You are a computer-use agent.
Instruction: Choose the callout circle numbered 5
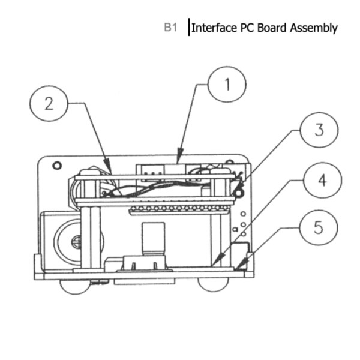[x=317, y=228]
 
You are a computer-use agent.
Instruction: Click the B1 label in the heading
[x=171, y=28]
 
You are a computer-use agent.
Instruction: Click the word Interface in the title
[x=213, y=28]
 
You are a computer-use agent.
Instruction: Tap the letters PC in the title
[x=248, y=28]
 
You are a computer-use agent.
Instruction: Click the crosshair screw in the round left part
[x=77, y=241]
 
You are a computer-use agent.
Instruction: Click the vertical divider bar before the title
[x=188, y=28]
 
